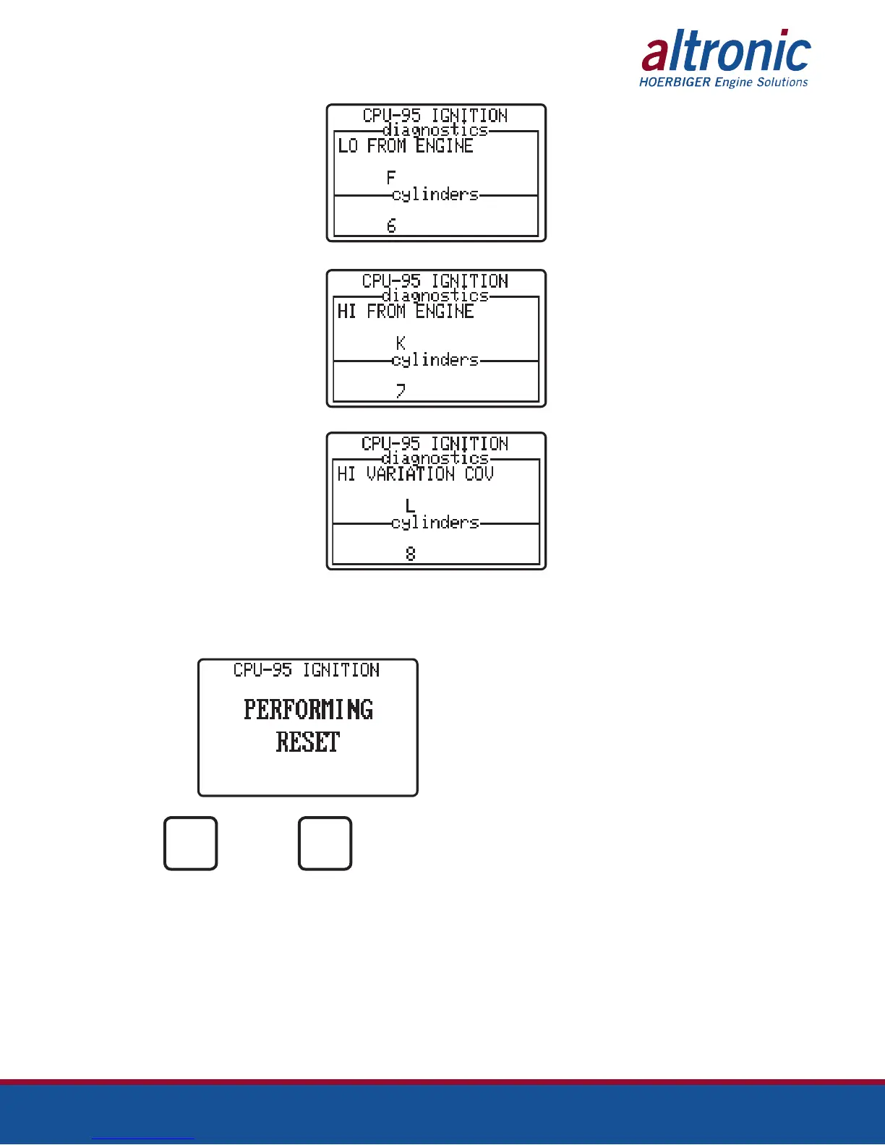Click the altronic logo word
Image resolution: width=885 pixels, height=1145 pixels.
click(x=726, y=52)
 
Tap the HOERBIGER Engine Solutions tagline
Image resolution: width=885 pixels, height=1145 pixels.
click(x=723, y=82)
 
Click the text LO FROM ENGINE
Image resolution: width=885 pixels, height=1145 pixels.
click(x=406, y=146)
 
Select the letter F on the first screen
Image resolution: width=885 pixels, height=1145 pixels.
click(x=391, y=177)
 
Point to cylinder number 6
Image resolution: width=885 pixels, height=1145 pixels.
click(x=391, y=226)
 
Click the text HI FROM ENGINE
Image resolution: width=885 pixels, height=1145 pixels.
click(x=406, y=312)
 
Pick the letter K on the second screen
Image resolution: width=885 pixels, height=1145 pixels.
click(x=401, y=343)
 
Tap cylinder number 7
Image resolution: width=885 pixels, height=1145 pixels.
click(x=401, y=391)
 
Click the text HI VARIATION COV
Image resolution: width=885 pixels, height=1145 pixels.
click(x=415, y=474)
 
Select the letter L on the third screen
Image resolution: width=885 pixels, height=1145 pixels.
click(x=410, y=505)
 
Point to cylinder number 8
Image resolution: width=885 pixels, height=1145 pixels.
click(x=410, y=554)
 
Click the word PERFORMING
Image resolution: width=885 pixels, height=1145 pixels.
click(x=309, y=710)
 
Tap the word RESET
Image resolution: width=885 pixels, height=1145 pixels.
click(x=308, y=742)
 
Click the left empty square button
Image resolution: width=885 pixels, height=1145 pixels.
click(x=191, y=844)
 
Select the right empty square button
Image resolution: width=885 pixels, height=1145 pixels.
click(x=325, y=844)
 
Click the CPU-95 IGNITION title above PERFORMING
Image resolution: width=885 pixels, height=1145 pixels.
click(x=307, y=671)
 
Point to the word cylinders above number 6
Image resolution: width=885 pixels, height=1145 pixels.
click(x=435, y=194)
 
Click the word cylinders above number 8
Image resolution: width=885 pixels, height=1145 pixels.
click(x=435, y=523)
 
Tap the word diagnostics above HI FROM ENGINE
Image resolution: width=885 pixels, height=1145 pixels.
click(x=435, y=296)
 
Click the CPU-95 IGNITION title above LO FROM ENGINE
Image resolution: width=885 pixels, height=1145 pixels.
click(x=435, y=116)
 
